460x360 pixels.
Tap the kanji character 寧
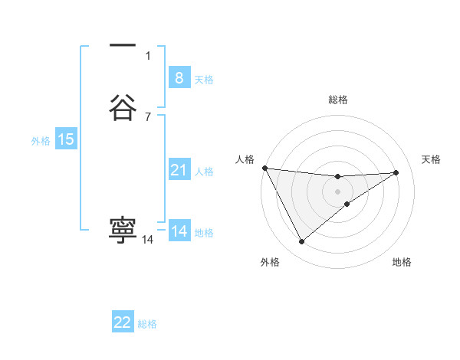(x=123, y=229)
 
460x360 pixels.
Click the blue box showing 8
(x=179, y=78)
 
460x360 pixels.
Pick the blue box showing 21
(x=179, y=170)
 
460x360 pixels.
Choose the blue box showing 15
(x=66, y=139)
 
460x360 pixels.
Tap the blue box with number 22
(x=123, y=322)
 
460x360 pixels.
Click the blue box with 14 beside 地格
(x=179, y=231)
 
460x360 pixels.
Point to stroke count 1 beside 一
(x=148, y=55)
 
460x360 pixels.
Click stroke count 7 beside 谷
(x=148, y=116)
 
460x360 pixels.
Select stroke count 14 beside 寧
(x=147, y=240)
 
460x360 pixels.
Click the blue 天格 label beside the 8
(x=204, y=80)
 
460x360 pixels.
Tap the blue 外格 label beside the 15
(x=41, y=141)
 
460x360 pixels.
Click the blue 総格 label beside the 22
(x=147, y=324)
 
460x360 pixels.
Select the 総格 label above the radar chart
(x=337, y=100)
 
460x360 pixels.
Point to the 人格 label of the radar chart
(x=245, y=159)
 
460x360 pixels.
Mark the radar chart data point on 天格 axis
(x=396, y=172)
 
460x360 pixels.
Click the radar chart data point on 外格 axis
(x=301, y=242)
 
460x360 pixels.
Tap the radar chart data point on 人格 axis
(x=264, y=168)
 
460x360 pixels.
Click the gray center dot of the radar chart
(x=337, y=191)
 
